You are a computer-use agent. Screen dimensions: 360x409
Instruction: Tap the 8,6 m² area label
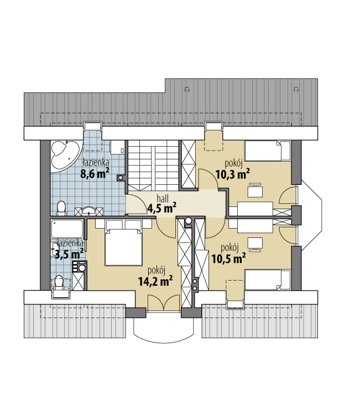(x=95, y=173)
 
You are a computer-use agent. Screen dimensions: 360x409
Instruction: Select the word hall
(x=163, y=199)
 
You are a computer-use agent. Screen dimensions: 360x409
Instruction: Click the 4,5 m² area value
(x=161, y=208)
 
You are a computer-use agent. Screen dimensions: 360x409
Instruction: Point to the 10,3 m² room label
(x=233, y=174)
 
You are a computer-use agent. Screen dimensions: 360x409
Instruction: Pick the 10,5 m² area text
(x=228, y=258)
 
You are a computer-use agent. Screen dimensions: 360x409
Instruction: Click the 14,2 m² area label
(x=155, y=281)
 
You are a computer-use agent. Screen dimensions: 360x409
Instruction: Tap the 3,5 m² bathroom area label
(x=69, y=253)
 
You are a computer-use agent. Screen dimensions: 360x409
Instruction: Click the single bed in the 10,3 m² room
(x=268, y=151)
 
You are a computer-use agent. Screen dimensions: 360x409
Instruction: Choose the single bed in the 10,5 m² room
(x=268, y=279)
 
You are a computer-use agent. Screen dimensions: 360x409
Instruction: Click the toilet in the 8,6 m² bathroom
(x=61, y=208)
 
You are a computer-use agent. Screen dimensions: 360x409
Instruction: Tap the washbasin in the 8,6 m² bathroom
(x=88, y=211)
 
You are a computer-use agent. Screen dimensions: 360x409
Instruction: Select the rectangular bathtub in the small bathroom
(x=67, y=228)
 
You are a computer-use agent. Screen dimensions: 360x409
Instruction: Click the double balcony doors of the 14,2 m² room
(x=164, y=303)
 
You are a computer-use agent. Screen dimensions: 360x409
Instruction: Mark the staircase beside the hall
(x=153, y=166)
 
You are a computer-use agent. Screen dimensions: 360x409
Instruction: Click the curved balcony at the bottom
(x=164, y=329)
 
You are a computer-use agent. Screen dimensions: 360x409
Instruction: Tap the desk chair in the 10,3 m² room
(x=255, y=191)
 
